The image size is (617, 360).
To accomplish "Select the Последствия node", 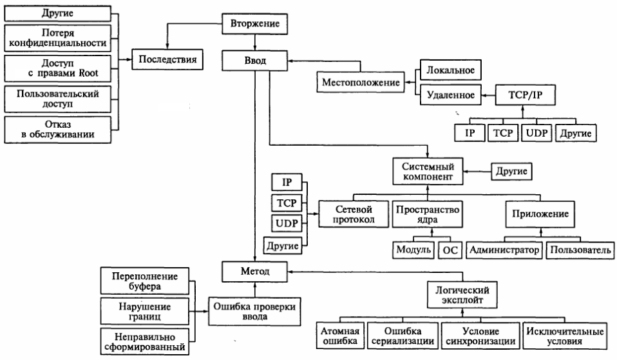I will coord(166,61).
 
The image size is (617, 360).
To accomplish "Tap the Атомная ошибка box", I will coord(341,336).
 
